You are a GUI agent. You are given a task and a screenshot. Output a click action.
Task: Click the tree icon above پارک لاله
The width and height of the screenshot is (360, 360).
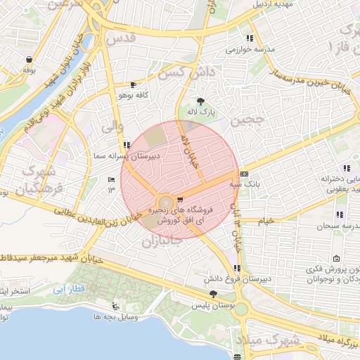point(201,101)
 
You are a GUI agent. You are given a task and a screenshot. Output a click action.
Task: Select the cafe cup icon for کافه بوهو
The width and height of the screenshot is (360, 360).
point(133,84)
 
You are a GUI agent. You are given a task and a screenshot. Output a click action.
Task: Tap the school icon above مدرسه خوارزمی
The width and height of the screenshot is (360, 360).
point(249,38)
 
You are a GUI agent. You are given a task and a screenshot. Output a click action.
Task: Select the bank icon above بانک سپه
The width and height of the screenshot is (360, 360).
point(244,173)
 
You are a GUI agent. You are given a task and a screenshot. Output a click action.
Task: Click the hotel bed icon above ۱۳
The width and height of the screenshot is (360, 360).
point(110,180)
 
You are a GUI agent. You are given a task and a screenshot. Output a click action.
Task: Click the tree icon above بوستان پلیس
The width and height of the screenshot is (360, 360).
point(214,295)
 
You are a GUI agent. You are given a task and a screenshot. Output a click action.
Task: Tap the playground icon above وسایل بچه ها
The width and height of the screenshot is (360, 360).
point(115,306)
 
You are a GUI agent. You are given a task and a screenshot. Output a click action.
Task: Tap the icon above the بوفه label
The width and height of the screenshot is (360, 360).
point(28,59)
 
